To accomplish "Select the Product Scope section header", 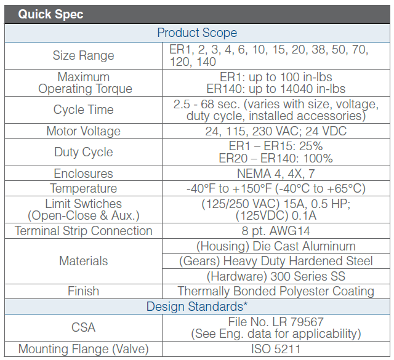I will click(x=197, y=33).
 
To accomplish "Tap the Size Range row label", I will click(x=83, y=55).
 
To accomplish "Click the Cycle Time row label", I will click(x=83, y=110).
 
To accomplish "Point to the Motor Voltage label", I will click(x=83, y=131).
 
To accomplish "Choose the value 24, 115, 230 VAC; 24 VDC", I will click(x=275, y=131).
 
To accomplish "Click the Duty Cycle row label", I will click(x=83, y=152).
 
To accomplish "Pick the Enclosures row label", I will click(x=83, y=174).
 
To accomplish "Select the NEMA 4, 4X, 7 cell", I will click(x=275, y=174).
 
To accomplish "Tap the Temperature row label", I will click(x=83, y=188).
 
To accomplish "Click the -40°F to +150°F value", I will click(x=275, y=188).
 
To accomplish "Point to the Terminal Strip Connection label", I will click(x=83, y=231).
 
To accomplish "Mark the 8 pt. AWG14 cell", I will click(x=275, y=231).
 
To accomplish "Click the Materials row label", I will click(x=83, y=261).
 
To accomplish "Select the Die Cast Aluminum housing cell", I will click(x=275, y=246).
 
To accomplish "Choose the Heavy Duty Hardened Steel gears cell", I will click(x=275, y=261).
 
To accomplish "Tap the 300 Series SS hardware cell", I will click(x=275, y=276).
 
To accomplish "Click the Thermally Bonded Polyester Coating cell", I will click(x=275, y=291).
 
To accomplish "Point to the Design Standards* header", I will click(x=197, y=306).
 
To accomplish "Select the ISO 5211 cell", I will click(x=275, y=349).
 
